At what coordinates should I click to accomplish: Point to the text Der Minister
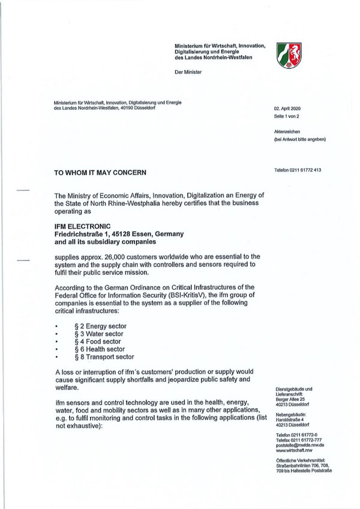[x=187, y=72]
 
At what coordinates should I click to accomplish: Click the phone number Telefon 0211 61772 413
[x=298, y=170]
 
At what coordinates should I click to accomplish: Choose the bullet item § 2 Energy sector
[x=100, y=326]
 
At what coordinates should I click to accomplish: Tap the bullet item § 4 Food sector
[x=98, y=340]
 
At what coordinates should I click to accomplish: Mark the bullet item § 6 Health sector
[x=100, y=348]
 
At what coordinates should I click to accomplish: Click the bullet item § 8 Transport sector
[x=104, y=355]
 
